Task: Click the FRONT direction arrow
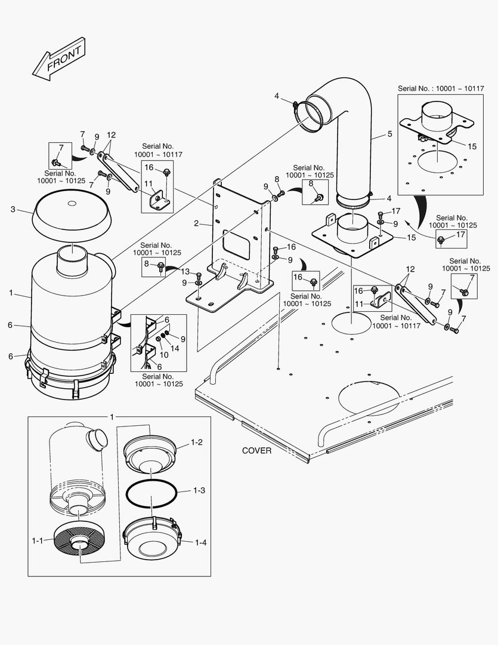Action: pyautogui.click(x=58, y=59)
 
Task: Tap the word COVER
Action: pyautogui.click(x=256, y=450)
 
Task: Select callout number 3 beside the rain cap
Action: pyautogui.click(x=13, y=209)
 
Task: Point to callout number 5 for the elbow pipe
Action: pyautogui.click(x=389, y=134)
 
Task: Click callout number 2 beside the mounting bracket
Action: pyautogui.click(x=196, y=224)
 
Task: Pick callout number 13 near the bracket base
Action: pyautogui.click(x=185, y=272)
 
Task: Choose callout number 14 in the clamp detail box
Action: pyautogui.click(x=175, y=347)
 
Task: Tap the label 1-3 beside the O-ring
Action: pyautogui.click(x=199, y=490)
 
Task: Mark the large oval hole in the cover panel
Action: pyautogui.click(x=368, y=397)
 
